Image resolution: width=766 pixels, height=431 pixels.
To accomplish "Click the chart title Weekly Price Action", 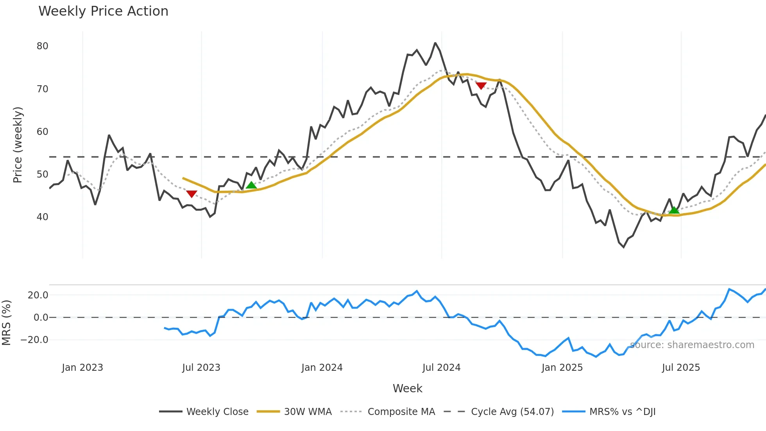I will coord(103,11).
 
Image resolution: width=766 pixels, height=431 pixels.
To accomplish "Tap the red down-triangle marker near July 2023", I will coord(191,194).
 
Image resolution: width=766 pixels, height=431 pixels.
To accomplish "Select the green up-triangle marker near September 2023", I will coord(251,185).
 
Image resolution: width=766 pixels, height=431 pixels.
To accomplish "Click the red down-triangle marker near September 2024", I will coord(481,86).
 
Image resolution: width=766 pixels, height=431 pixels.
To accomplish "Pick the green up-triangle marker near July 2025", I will coord(674,210).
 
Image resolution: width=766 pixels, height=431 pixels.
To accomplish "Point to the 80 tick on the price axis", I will coord(42,46).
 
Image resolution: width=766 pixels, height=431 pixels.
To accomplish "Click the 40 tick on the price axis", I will coord(42,217).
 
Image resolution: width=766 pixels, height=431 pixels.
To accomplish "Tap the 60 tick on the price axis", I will coord(42,132).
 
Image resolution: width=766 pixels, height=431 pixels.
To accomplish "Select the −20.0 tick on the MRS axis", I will coord(34,340).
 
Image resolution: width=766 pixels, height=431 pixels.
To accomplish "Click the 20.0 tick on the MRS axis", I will coord(38,295).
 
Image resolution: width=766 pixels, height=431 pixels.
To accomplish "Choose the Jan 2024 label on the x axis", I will coord(322,368).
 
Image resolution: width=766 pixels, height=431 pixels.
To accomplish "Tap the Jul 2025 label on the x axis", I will coord(681,368).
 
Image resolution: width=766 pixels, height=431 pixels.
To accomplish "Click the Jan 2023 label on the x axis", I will coord(82,368).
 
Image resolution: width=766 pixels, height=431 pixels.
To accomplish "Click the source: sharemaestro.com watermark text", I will coord(692,345).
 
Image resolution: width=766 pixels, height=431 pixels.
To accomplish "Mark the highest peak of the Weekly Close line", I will coord(435,43).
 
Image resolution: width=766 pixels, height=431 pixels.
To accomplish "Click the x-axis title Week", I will coord(407,388).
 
